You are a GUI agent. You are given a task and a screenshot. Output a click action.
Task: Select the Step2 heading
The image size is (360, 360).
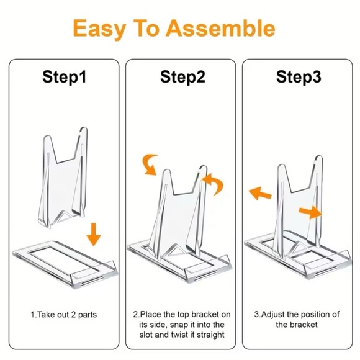(x=182, y=77)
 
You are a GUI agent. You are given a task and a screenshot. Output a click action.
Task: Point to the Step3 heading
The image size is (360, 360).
(x=299, y=77)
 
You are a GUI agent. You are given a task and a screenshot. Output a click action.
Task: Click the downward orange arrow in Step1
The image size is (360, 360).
(x=94, y=234)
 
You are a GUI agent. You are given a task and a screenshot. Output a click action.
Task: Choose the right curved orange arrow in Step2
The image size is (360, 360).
(x=215, y=184)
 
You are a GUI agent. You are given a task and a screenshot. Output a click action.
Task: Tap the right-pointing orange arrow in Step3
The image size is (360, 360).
(x=312, y=213)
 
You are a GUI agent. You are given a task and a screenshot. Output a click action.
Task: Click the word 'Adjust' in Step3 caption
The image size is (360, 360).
(x=274, y=315)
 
